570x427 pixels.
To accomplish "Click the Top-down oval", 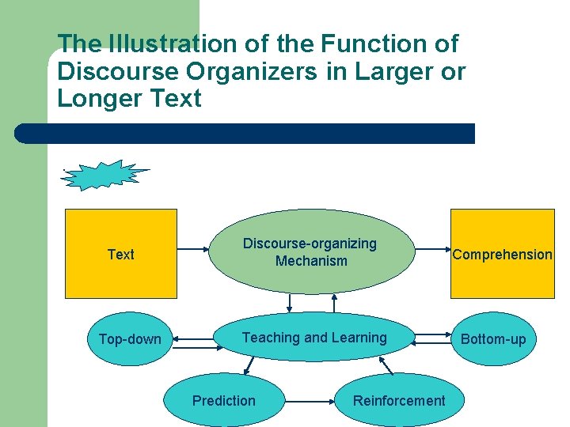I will (130, 339).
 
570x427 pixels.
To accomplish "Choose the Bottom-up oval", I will (493, 339).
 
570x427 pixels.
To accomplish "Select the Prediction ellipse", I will (224, 400).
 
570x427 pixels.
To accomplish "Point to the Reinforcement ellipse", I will (399, 400).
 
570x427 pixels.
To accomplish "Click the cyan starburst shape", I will (104, 176).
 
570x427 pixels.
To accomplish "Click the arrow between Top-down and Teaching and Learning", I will (195, 340).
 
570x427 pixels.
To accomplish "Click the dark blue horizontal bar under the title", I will (245, 134).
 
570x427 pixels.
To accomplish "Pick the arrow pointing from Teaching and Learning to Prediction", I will (250, 365).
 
